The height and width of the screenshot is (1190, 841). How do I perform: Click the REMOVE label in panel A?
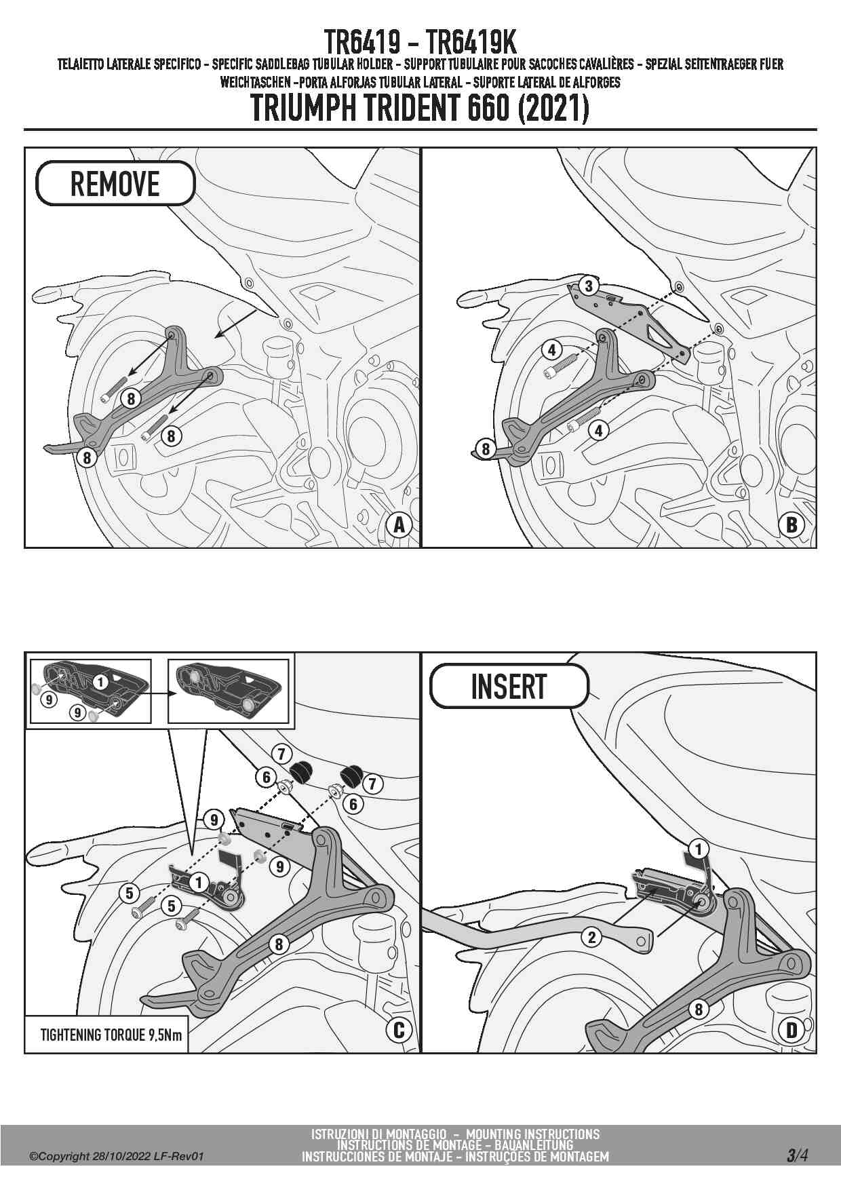[x=115, y=184]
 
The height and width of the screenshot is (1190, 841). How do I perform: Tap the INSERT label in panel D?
[x=509, y=687]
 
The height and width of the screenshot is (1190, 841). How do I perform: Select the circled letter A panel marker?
[x=399, y=525]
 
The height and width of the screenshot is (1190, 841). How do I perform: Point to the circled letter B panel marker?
[x=791, y=525]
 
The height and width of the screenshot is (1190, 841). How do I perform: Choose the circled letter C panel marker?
[x=399, y=1030]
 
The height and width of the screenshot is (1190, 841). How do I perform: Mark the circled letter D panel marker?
[x=791, y=1030]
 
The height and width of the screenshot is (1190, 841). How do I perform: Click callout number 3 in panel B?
[x=589, y=286]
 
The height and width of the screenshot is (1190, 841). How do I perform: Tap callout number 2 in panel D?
[x=592, y=938]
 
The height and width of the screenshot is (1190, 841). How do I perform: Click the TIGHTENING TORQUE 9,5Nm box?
[x=106, y=1035]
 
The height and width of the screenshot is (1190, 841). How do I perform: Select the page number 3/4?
[x=797, y=1155]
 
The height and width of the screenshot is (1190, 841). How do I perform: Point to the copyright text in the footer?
[x=116, y=1156]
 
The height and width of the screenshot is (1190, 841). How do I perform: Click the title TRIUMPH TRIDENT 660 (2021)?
[x=420, y=108]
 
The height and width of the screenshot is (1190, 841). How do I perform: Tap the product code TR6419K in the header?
[x=472, y=42]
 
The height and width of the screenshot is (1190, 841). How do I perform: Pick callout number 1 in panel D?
[x=698, y=849]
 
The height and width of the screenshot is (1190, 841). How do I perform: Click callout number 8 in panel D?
[x=699, y=1009]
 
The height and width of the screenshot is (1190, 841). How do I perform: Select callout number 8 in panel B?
[x=485, y=448]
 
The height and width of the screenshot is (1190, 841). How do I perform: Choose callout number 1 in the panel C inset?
[x=100, y=681]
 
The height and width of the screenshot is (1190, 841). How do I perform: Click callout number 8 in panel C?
[x=278, y=944]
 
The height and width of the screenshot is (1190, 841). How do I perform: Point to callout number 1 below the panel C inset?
[x=199, y=883]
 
